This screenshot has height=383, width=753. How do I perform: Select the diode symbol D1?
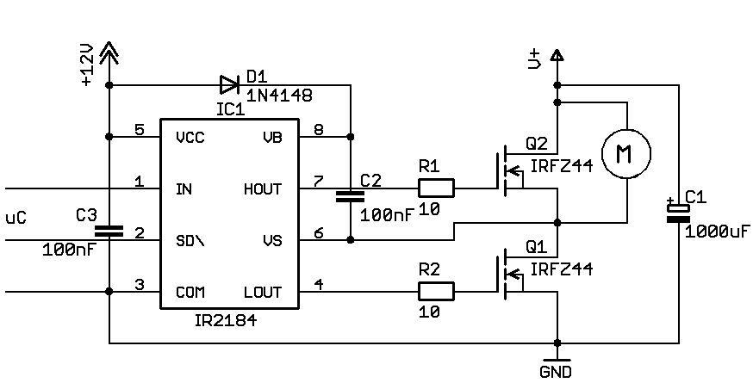pyautogui.click(x=228, y=84)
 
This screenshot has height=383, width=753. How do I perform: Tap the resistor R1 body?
pyautogui.click(x=435, y=188)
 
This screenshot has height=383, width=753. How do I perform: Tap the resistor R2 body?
pyautogui.click(x=435, y=292)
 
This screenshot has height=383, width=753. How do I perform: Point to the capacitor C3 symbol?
pyautogui.click(x=109, y=231)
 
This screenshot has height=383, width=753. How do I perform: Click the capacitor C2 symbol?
pyautogui.click(x=350, y=195)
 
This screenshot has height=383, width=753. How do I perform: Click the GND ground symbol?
pyautogui.click(x=557, y=362)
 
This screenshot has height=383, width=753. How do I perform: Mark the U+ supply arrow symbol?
pyautogui.click(x=557, y=57)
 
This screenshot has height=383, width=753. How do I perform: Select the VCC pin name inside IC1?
pyautogui.click(x=190, y=137)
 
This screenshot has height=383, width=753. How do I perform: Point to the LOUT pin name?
pyautogui.click(x=262, y=292)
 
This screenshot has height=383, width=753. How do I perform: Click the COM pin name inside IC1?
pyautogui.click(x=190, y=292)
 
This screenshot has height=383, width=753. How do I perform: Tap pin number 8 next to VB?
pyautogui.click(x=318, y=130)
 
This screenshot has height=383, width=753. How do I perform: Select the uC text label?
pyautogui.click(x=16, y=217)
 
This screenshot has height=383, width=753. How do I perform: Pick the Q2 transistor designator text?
pyautogui.click(x=536, y=143)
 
